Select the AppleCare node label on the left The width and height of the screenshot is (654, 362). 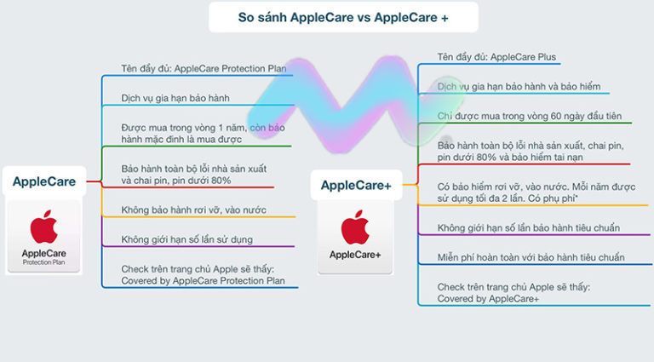click(x=43, y=181)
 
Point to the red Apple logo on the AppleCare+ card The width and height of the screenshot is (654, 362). click(x=355, y=227)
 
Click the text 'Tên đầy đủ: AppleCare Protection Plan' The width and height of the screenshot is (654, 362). click(x=204, y=67)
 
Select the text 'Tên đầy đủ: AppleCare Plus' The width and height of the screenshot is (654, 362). click(x=497, y=57)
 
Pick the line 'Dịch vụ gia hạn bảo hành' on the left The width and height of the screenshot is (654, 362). click(x=175, y=98)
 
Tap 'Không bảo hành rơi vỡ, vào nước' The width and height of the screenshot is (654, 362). click(x=194, y=210)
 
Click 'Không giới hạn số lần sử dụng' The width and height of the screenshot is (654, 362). click(x=186, y=239)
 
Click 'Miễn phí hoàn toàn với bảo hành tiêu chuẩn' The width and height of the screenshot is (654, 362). click(x=531, y=257)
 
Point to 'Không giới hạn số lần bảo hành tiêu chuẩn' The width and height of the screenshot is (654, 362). click(x=528, y=227)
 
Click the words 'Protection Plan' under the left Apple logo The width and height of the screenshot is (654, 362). click(x=43, y=262)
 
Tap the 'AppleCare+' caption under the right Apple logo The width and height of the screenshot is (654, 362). click(x=355, y=255)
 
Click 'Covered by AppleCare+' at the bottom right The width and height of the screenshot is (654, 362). click(x=488, y=299)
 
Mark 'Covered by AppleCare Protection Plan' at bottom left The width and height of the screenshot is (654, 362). click(x=203, y=280)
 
